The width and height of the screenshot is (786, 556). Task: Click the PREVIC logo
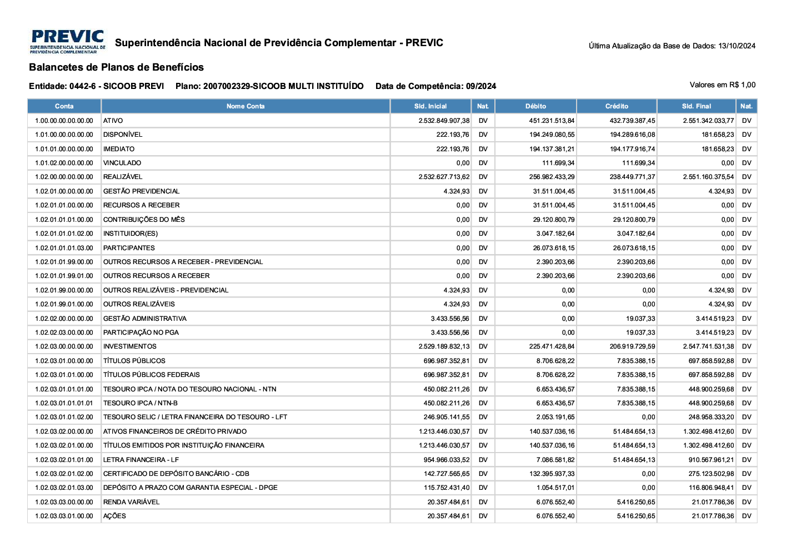pyautogui.click(x=67, y=42)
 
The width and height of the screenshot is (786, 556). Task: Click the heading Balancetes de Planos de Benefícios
pyautogui.click(x=116, y=67)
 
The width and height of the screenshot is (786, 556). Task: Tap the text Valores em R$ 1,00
pyautogui.click(x=722, y=85)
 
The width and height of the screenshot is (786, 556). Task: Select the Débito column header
pyautogui.click(x=535, y=106)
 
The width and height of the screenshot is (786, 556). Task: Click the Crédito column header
pyautogui.click(x=617, y=106)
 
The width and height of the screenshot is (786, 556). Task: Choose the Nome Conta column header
pyautogui.click(x=246, y=106)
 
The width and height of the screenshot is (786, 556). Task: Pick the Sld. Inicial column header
pyautogui.click(x=430, y=106)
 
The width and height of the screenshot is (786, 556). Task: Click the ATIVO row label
pyautogui.click(x=113, y=121)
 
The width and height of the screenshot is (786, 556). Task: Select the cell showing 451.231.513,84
pyautogui.click(x=552, y=121)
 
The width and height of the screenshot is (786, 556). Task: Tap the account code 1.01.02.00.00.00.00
pyautogui.click(x=64, y=163)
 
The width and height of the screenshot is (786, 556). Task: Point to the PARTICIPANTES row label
pyautogui.click(x=129, y=248)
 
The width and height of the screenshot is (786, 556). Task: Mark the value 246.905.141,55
pyautogui.click(x=446, y=417)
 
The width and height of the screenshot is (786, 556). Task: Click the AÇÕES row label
pyautogui.click(x=114, y=516)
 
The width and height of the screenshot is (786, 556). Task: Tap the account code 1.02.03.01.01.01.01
pyautogui.click(x=64, y=403)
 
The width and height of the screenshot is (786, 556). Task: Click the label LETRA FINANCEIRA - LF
pyautogui.click(x=141, y=460)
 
